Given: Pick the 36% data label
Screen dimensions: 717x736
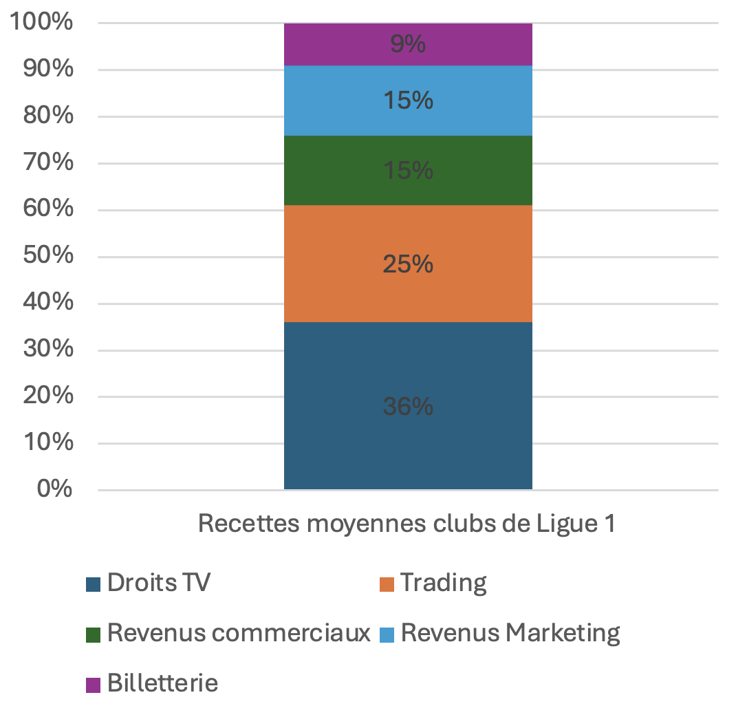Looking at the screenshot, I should click(x=408, y=407).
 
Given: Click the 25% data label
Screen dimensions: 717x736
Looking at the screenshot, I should click(x=408, y=264).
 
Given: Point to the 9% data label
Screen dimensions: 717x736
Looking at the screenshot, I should click(x=408, y=45).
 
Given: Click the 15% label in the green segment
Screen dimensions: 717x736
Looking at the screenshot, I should click(x=408, y=170).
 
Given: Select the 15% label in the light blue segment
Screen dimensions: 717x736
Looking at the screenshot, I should click(x=408, y=100).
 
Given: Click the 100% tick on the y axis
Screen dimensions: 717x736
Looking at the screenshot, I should click(x=41, y=23).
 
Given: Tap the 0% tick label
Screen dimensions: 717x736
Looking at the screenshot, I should click(x=56, y=489).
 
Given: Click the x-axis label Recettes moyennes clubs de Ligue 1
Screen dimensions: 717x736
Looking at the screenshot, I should click(x=406, y=524).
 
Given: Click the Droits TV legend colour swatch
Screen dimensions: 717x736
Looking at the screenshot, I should click(x=93, y=584).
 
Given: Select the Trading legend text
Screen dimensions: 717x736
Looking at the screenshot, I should click(x=444, y=583).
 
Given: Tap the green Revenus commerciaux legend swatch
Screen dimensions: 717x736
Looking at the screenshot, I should click(x=93, y=634).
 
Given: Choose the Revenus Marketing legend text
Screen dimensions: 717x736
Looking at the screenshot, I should click(x=510, y=633).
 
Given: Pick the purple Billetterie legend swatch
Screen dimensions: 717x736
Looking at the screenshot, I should click(x=93, y=685).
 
